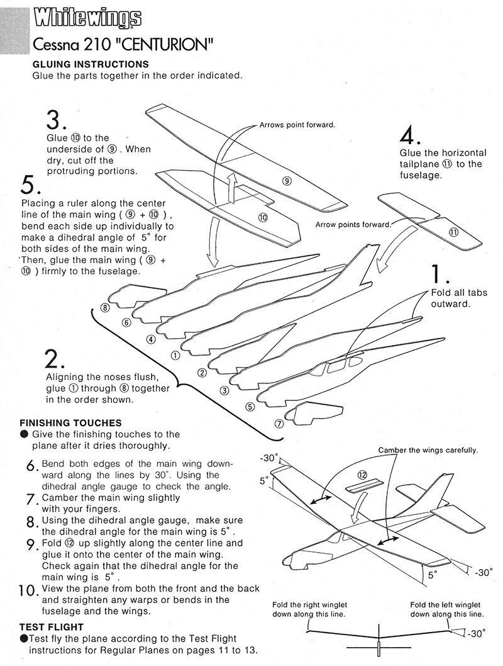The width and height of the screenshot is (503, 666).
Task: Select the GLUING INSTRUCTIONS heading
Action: point(91,64)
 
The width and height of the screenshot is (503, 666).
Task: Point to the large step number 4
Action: point(410,135)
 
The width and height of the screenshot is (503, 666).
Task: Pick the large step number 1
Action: point(439,274)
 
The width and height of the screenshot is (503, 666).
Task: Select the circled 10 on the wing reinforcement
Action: point(263,217)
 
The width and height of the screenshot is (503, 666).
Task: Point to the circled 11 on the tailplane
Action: point(453,231)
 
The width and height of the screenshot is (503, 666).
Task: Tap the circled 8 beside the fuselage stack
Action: point(104,308)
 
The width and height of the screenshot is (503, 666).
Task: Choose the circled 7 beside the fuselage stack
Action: point(279,423)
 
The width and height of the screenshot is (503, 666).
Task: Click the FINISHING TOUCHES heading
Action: point(71,422)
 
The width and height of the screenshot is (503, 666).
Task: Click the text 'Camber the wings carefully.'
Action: point(428,450)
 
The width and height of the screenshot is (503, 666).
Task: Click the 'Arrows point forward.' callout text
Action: point(297,125)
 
